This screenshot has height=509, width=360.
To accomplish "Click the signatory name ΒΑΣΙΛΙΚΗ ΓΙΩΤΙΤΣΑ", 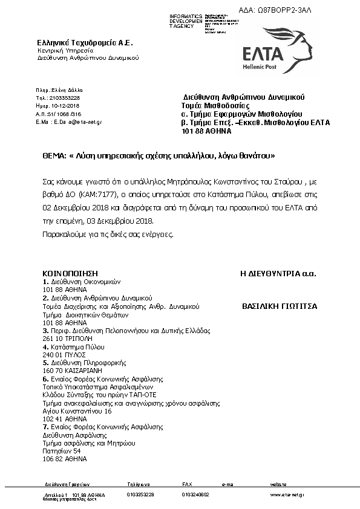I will [279, 306].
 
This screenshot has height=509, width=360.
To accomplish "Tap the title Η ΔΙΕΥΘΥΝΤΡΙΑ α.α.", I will [278, 274].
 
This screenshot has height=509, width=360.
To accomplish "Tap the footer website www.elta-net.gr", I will [287, 494].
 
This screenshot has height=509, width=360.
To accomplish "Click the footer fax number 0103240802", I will [195, 494].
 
